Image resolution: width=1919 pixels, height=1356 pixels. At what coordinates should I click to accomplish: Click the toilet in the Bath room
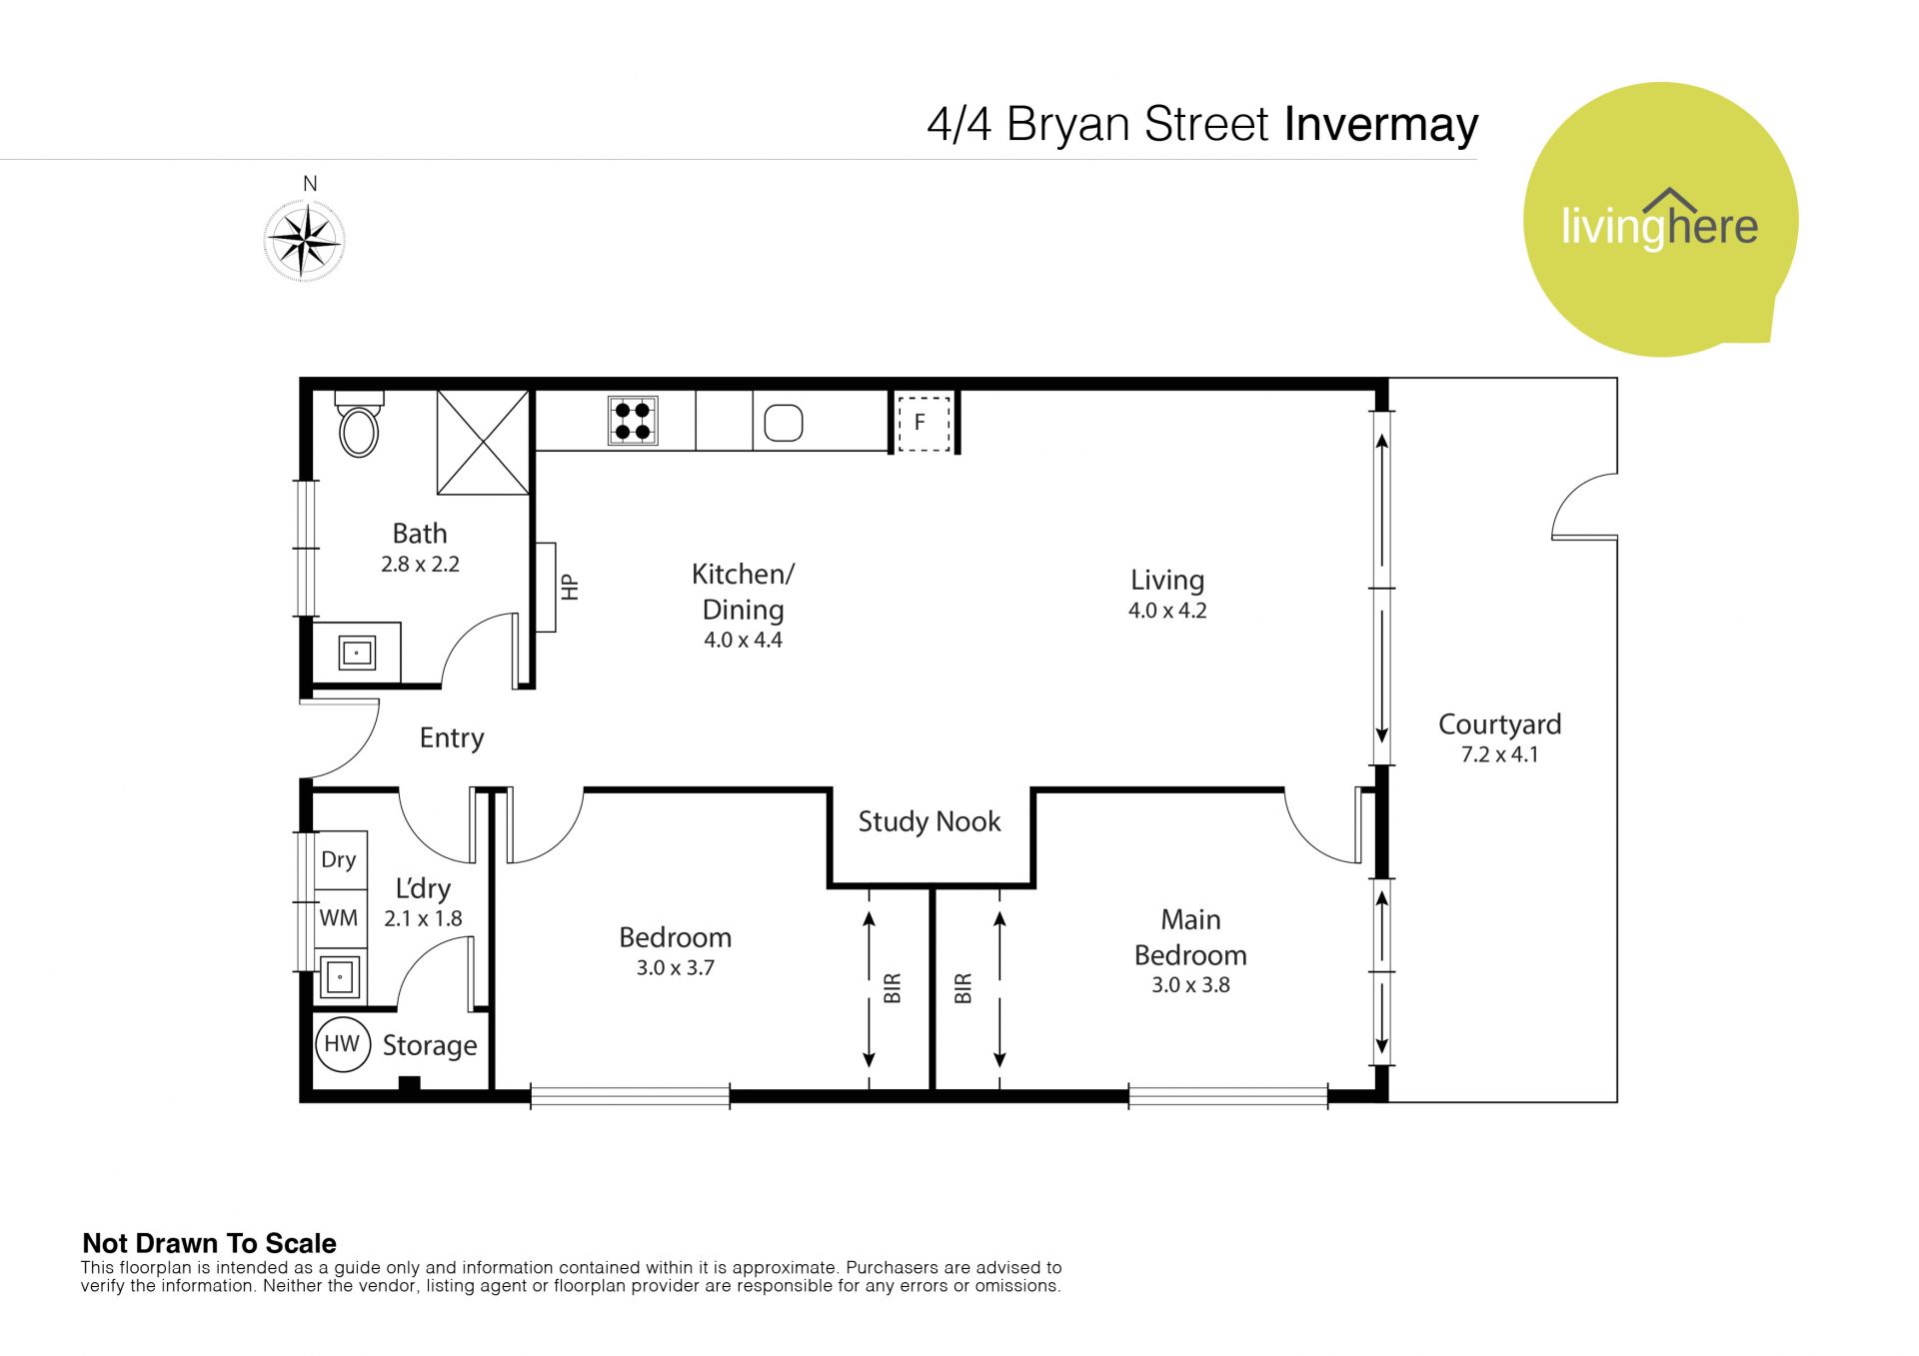coord(359,423)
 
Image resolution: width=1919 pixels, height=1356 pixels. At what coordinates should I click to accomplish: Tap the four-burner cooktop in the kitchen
coord(633,421)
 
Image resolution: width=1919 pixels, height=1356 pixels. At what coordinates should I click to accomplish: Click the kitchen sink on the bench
coord(784,423)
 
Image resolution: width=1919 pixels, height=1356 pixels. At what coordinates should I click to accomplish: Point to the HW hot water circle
coord(342,1044)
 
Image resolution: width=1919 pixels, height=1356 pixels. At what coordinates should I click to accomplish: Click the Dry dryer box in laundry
coord(340,859)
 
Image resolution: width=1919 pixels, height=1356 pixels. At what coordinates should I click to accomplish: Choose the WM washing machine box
coord(340,918)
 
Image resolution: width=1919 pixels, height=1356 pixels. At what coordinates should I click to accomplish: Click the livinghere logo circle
coord(1661,220)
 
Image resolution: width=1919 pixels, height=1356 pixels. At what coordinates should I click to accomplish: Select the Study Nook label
coord(930,821)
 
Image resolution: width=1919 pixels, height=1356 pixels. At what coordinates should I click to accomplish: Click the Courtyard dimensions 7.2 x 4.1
coord(1499,754)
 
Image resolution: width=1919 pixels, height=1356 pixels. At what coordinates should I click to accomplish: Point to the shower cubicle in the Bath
coord(483,443)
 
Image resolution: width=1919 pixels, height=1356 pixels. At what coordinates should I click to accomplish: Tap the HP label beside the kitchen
coord(570,587)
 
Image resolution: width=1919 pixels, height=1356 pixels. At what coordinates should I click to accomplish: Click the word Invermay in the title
coord(1380,126)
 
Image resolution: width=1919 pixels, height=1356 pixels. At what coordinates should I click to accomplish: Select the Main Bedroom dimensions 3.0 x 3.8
coord(1190,985)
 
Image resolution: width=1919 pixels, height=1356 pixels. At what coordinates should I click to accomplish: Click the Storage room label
coord(430,1045)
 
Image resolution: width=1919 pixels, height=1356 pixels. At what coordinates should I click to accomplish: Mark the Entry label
coord(452,737)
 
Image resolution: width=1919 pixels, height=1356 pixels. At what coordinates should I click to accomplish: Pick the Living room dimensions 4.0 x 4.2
coord(1167,611)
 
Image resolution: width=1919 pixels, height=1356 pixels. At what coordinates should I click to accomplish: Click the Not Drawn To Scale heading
coord(209,1243)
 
